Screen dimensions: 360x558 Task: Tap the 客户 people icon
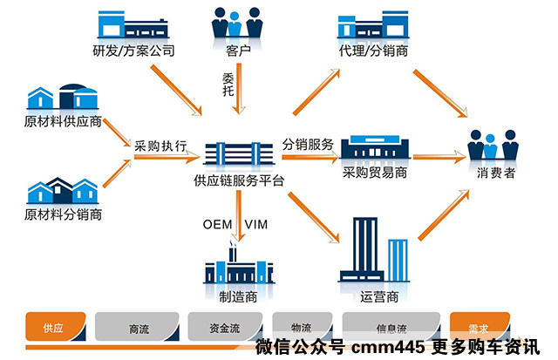(x=237, y=23)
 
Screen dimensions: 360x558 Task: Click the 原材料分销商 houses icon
(x=62, y=191)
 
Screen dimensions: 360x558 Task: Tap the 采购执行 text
(x=160, y=146)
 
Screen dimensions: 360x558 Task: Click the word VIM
(x=256, y=225)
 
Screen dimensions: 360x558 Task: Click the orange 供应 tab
(x=54, y=329)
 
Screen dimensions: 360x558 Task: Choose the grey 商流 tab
(x=138, y=329)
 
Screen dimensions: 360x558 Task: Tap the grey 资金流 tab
(x=224, y=329)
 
